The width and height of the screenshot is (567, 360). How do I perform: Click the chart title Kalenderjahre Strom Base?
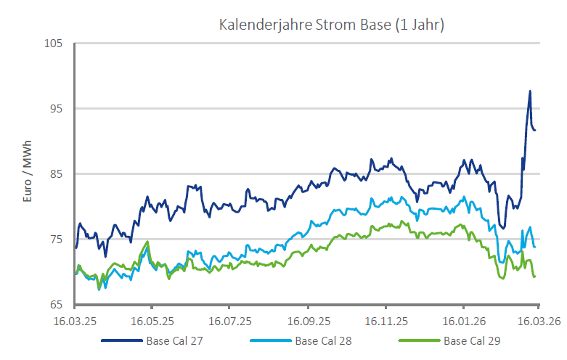click(331, 25)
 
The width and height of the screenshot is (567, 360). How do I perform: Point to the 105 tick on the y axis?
click(54, 43)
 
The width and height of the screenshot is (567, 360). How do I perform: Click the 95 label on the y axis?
click(57, 108)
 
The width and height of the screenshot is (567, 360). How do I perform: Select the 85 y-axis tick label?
click(57, 173)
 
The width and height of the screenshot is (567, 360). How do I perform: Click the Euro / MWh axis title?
click(28, 173)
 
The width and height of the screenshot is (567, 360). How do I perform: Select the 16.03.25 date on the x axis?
click(76, 320)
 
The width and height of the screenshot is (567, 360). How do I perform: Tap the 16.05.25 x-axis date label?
click(152, 320)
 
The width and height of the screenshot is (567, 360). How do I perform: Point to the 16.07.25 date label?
click(230, 320)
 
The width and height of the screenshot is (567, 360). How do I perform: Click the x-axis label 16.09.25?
click(308, 320)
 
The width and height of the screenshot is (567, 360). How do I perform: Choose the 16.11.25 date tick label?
click(386, 320)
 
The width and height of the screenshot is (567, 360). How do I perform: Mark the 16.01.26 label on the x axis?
click(462, 320)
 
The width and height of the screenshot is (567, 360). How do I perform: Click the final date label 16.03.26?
click(537, 320)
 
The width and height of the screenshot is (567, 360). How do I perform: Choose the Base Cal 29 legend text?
click(473, 340)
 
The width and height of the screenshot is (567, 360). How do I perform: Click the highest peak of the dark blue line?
click(530, 91)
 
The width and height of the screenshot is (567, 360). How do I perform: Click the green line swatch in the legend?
click(420, 340)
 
